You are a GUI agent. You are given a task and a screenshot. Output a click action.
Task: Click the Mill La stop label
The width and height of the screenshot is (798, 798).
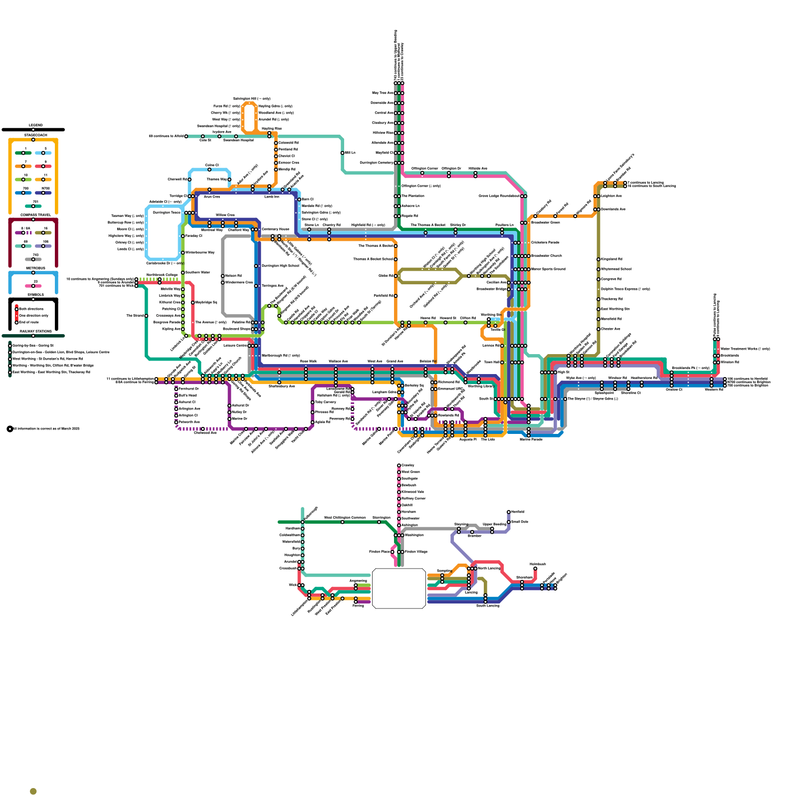click(350, 153)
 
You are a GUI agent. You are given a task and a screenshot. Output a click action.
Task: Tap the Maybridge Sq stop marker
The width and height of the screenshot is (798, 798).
click(193, 302)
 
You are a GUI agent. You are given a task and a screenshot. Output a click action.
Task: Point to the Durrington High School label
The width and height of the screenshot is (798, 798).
click(280, 266)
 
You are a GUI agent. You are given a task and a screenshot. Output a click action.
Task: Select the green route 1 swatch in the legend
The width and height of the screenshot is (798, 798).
click(23, 153)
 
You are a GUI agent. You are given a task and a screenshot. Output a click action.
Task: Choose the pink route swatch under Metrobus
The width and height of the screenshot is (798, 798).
click(33, 286)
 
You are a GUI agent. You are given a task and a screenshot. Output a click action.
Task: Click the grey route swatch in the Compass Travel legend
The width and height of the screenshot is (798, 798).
click(33, 259)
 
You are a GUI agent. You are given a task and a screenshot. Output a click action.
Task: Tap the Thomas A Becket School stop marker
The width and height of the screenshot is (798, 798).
click(396, 259)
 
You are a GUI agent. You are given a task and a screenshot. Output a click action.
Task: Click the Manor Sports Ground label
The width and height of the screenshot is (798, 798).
click(548, 269)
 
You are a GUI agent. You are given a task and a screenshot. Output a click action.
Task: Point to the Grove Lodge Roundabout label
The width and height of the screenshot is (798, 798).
click(499, 196)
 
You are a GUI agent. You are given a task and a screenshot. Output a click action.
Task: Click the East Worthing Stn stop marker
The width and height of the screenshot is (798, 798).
click(598, 309)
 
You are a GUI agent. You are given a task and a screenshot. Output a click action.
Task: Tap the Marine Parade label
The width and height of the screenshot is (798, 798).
click(531, 439)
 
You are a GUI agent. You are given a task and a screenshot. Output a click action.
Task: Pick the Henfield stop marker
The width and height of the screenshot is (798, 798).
click(509, 512)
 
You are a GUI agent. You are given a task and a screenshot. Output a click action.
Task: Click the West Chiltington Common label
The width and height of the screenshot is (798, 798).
click(345, 518)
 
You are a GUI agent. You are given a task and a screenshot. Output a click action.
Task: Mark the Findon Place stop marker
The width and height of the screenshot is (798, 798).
click(393, 552)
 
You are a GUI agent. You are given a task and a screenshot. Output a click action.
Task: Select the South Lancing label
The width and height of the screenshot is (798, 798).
click(487, 605)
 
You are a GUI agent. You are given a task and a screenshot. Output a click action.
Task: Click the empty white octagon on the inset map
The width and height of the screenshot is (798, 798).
click(399, 589)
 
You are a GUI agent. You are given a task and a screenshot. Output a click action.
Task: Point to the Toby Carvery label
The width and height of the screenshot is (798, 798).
click(326, 402)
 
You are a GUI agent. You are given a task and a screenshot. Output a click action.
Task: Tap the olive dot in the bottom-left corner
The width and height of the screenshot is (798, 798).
click(33, 792)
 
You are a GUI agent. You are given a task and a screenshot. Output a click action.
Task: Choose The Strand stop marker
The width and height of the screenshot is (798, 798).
click(146, 316)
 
